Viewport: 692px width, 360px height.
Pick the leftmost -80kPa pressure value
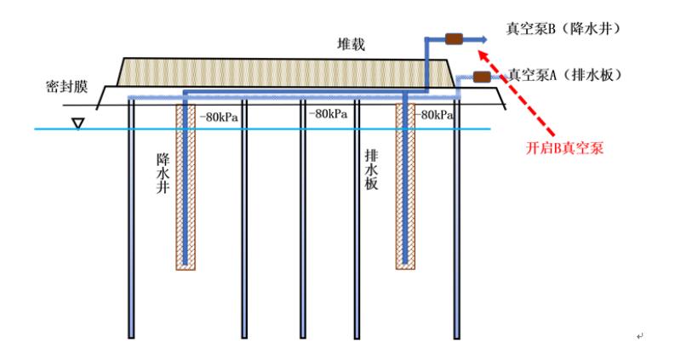216,116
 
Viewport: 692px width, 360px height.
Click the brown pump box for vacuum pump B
454,38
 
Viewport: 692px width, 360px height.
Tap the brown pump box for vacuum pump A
482,77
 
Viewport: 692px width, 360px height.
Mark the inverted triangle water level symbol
78,123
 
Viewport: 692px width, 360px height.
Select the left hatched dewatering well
186,187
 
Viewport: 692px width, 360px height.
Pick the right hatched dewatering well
406,187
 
